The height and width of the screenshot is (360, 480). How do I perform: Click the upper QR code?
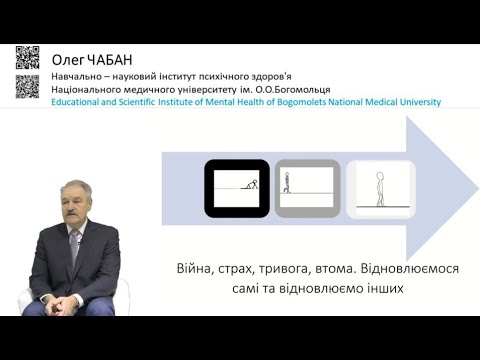(x=29, y=57)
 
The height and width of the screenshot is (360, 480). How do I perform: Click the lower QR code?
(x=29, y=85)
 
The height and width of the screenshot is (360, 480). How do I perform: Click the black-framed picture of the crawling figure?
(x=237, y=188)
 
